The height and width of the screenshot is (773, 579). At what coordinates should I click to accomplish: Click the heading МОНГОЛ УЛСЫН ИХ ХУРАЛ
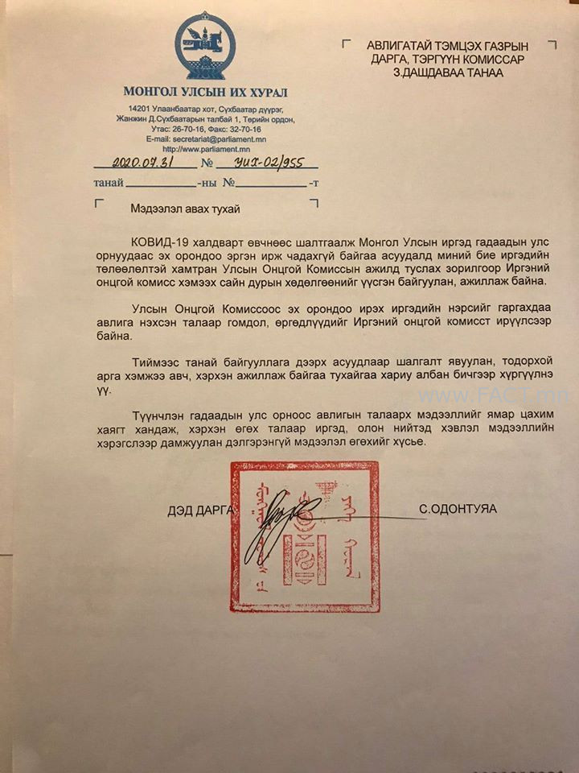pyautogui.click(x=205, y=92)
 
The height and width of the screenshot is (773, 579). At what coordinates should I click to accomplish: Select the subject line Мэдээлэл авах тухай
pyautogui.click(x=185, y=209)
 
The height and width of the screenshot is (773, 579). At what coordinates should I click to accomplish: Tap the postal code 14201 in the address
pyautogui.click(x=138, y=109)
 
